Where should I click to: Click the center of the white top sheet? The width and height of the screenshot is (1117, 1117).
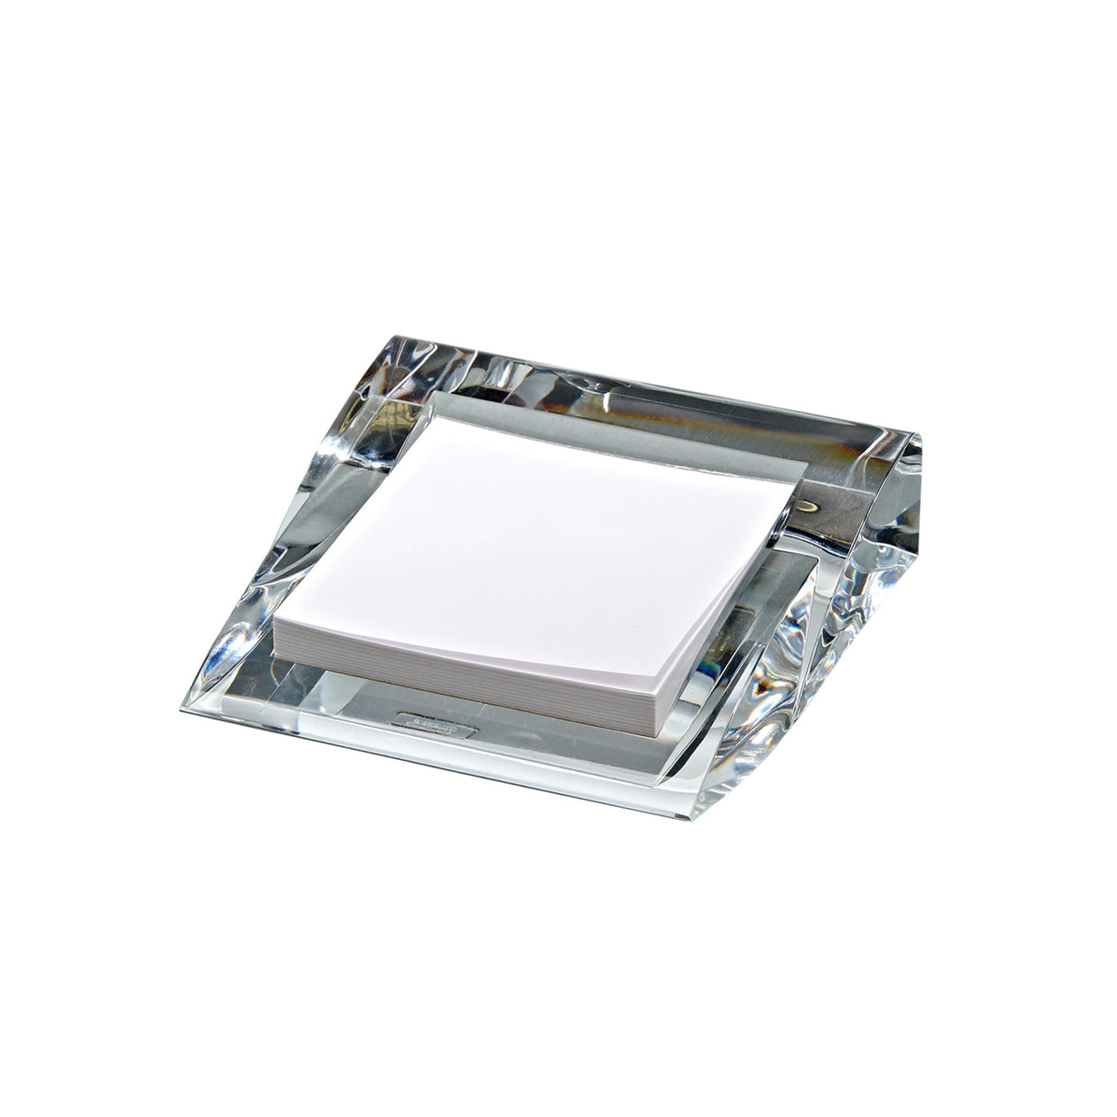click(x=543, y=547)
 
